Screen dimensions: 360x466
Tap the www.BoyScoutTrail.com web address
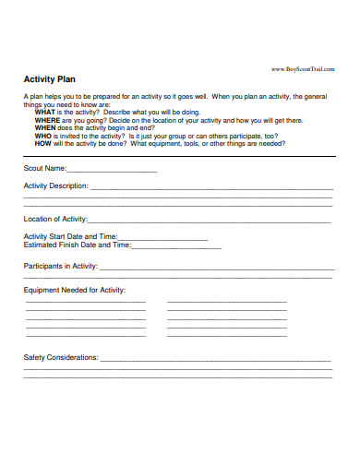pos(302,69)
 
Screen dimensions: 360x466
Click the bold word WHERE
pos(48,120)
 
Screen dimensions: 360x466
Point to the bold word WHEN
pos(46,128)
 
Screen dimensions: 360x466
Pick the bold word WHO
pos(43,137)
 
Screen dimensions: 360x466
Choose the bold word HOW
pos(43,145)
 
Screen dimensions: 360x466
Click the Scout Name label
pos(44,169)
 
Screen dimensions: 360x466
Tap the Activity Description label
pos(55,185)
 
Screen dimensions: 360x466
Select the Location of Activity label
pos(54,219)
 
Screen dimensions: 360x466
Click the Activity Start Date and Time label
pos(70,237)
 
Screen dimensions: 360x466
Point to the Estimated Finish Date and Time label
pos(77,245)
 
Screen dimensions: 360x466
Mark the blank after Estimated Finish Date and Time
pos(176,247)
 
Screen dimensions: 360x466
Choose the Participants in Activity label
pos(60,266)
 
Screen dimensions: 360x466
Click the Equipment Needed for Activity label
pos(73,290)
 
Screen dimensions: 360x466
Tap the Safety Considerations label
pos(60,357)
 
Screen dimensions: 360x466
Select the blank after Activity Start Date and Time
pos(162,239)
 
